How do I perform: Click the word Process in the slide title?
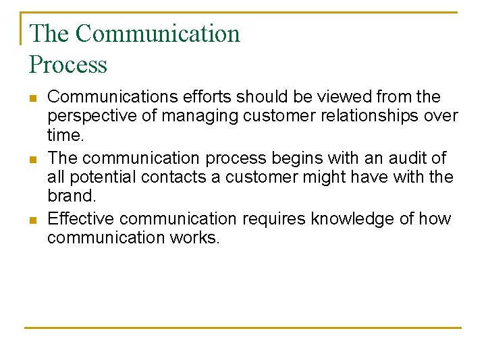(68, 65)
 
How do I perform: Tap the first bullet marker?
(33, 98)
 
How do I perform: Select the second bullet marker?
(33, 160)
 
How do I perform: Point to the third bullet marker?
(33, 220)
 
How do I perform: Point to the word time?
(64, 135)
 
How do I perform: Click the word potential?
(96, 177)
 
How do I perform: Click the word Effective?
(82, 218)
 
